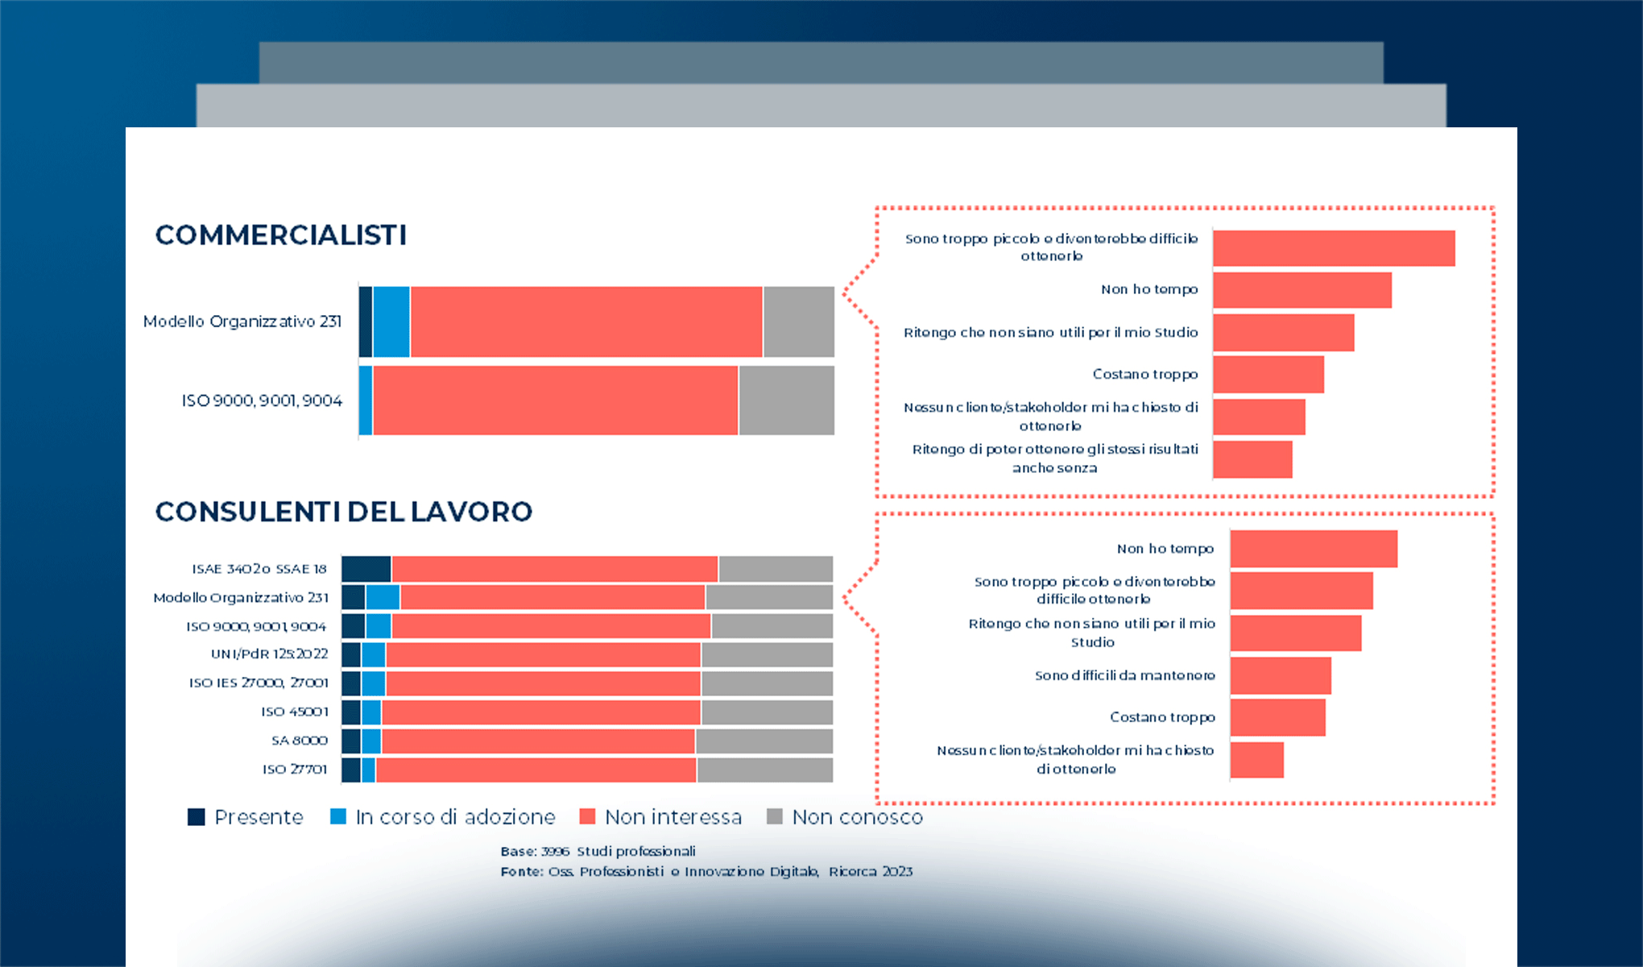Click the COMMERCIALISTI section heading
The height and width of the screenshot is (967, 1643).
280,235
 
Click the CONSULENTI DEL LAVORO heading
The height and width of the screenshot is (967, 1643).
343,512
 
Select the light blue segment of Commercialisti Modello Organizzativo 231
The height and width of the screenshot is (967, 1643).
391,322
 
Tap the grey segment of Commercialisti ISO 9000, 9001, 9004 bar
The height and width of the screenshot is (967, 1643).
786,400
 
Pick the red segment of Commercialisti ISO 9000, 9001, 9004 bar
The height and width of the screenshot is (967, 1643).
556,400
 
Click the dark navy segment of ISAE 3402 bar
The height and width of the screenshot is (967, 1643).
366,569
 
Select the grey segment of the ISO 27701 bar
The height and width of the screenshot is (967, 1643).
764,770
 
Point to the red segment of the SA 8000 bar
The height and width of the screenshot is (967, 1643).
538,741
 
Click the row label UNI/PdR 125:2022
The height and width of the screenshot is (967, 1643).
269,654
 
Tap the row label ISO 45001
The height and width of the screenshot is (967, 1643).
295,712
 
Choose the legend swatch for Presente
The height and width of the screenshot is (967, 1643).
197,817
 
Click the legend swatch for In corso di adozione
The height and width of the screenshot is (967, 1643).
338,817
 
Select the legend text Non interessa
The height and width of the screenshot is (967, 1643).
673,817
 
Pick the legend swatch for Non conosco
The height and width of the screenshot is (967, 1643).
775,817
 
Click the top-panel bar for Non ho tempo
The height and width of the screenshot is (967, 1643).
1302,290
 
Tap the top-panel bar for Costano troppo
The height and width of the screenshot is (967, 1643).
1268,374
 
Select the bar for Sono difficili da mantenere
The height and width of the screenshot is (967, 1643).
1281,675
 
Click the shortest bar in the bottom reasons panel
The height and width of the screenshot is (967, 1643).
1256,760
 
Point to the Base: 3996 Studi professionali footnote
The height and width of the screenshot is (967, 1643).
598,851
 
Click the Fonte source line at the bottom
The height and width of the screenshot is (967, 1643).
706,871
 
